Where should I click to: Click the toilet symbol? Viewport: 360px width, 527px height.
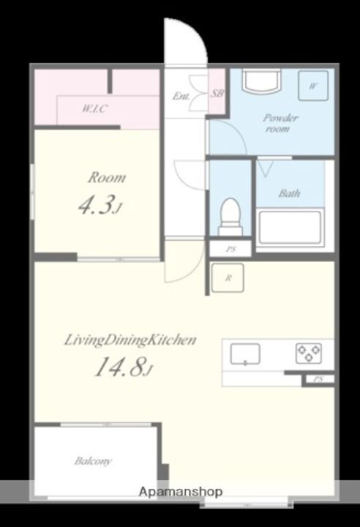coord(230,216)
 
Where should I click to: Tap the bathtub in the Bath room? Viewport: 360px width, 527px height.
coord(290,227)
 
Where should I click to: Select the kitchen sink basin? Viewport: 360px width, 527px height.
coord(245,354)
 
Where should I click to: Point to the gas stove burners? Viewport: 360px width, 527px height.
coord(309,354)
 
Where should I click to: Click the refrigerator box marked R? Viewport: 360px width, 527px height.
coord(228,277)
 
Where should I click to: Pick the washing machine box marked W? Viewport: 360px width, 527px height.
coord(313,86)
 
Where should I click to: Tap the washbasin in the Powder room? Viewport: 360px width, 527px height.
coord(262,81)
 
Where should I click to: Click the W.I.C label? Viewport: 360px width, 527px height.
coord(94,108)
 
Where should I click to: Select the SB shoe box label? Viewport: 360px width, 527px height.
coord(217,93)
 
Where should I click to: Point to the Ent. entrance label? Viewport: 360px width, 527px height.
coord(181,97)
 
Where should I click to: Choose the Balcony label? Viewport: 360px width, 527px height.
coord(93,461)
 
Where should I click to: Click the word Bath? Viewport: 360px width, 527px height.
coord(290,193)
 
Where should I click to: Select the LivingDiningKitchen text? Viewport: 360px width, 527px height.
coord(130,340)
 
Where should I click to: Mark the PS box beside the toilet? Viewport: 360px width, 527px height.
coord(230,249)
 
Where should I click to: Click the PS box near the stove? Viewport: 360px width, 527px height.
coord(318,379)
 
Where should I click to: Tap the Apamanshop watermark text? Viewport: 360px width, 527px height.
coord(181,492)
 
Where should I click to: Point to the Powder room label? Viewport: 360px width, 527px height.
coord(280,123)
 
